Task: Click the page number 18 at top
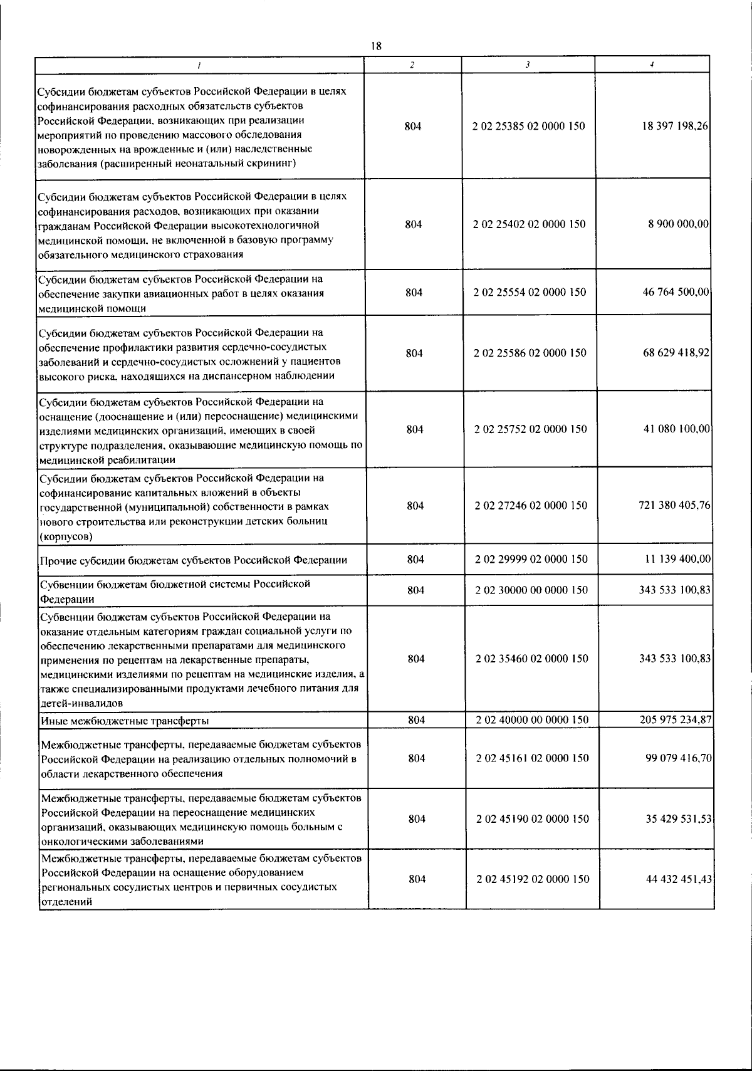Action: pyautogui.click(x=376, y=46)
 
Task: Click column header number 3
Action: pyautogui.click(x=528, y=65)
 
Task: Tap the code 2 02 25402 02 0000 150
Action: pyautogui.click(x=530, y=224)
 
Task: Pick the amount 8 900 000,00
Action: pyautogui.click(x=678, y=224)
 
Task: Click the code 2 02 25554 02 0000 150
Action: pyautogui.click(x=530, y=292)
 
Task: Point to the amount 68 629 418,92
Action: pyautogui.click(x=676, y=353)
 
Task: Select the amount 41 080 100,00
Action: pyautogui.click(x=677, y=429)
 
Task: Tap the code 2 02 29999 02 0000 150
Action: pyautogui.click(x=531, y=559)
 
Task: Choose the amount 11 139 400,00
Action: pyautogui.click(x=677, y=559)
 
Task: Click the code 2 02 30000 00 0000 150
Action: pyautogui.click(x=531, y=590)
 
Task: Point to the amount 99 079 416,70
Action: pyautogui.click(x=678, y=758)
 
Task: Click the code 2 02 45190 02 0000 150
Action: pyautogui.click(x=533, y=819)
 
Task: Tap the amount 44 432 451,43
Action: pyautogui.click(x=679, y=879)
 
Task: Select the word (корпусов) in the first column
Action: pyautogui.click(x=65, y=537)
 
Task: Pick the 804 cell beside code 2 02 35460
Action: pyautogui.click(x=416, y=659)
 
